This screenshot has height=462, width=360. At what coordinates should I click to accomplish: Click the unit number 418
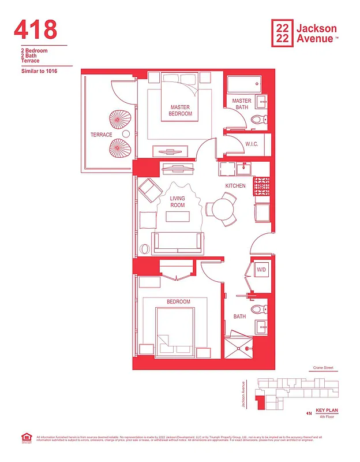coord(35,29)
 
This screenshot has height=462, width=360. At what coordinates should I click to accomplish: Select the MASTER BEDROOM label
coord(180,110)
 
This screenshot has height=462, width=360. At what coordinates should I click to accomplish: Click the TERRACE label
coord(101,135)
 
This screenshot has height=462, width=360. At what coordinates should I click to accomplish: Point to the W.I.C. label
coord(251,144)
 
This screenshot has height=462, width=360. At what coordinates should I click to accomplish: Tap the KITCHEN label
coord(235,186)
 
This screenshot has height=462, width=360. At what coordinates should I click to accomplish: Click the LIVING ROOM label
coord(177,202)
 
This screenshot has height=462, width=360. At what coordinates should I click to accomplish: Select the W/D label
coord(261,270)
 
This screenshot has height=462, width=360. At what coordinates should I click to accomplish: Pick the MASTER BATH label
coord(242,104)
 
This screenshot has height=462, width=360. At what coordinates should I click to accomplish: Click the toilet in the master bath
coord(258,120)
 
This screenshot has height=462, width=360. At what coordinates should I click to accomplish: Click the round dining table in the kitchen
coord(221,209)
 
